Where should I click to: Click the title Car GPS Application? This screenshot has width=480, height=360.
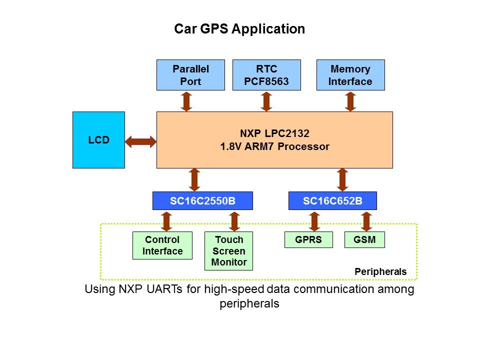coord(239,29)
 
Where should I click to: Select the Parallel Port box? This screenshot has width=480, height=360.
coord(190,75)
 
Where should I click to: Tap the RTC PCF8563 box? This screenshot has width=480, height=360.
coord(266,75)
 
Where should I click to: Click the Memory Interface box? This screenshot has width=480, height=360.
coord(350,75)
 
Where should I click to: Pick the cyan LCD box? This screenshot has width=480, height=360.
coord(98,140)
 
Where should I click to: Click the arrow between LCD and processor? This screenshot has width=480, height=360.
coord(140,142)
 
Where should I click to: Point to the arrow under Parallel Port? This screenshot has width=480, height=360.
coord(186,101)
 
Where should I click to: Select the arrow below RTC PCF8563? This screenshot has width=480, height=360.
coord(266,101)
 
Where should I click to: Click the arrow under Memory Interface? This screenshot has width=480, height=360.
coord(350,101)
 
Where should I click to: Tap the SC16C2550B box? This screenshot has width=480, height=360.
coord(202,201)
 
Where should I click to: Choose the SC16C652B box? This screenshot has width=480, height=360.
coord(332,201)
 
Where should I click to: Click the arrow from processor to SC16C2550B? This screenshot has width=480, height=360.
coord(194,179)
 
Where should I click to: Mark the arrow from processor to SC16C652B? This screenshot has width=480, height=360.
coord(342,179)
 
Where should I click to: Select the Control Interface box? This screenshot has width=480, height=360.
coord(162,245)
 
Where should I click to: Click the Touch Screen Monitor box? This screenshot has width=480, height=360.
coord(228,251)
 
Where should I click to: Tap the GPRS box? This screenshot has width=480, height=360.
coord(308,240)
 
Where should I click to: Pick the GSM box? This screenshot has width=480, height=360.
coord(366,240)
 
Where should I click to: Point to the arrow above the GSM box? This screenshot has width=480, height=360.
coord(366,220)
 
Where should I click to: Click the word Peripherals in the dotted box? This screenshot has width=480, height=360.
coord(380,272)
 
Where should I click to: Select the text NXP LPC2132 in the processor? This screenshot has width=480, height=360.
coord(274,134)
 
